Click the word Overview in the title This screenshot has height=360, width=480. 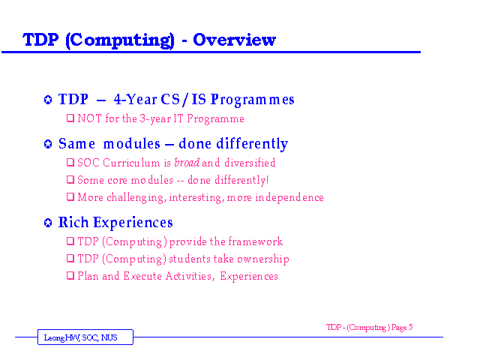coord(234,40)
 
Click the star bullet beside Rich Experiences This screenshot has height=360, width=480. coord(48,223)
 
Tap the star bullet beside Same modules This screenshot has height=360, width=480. coord(48,144)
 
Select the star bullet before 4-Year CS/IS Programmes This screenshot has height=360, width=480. coord(48,100)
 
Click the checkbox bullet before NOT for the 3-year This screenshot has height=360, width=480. coord(70,118)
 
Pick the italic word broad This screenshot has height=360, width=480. coord(187,163)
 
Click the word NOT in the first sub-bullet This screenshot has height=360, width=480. coord(89,118)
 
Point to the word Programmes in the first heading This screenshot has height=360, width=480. coord(253,100)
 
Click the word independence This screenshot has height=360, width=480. coord(289,197)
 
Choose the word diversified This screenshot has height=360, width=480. coord(250,163)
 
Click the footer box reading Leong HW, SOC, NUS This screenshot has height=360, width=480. coord(85,337)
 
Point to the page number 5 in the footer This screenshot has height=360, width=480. coord(410,327)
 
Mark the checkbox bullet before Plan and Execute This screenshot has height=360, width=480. coord(70,275)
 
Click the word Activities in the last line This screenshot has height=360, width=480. coord(188,276)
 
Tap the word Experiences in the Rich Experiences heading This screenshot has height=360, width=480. coord(133,223)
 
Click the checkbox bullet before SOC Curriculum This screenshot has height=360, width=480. coord(70,162)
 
